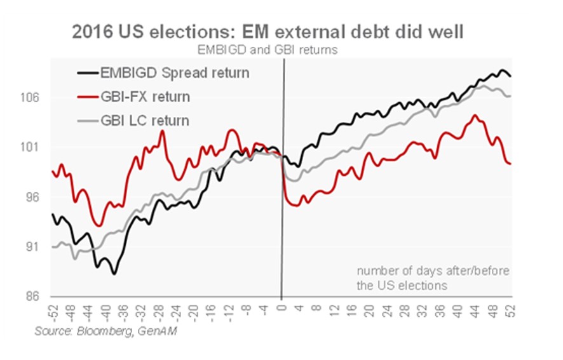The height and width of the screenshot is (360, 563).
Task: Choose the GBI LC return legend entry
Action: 145,120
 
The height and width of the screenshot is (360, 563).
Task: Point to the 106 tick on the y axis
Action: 32,98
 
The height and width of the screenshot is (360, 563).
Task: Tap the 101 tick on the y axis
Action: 32,147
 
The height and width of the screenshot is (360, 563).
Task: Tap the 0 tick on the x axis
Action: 282,307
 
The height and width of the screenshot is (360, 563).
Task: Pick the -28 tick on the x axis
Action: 159,310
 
